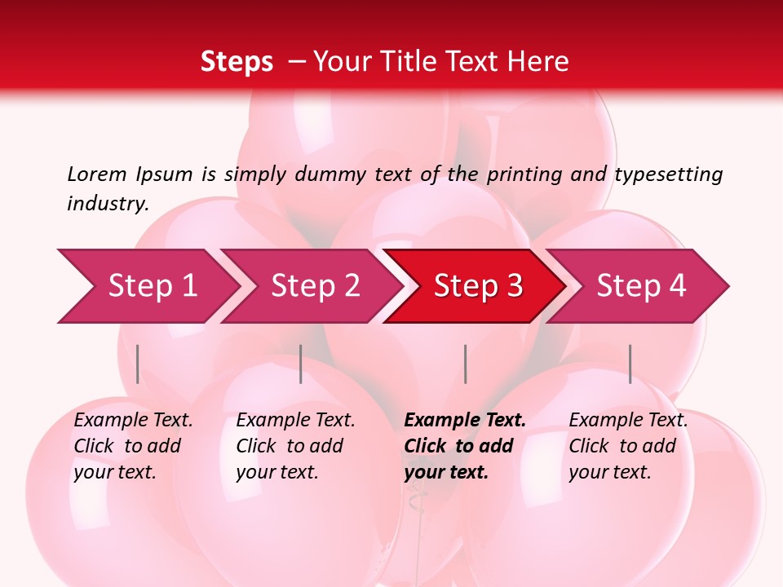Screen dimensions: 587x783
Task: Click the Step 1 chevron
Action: pyautogui.click(x=152, y=286)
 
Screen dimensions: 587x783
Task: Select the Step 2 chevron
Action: pyautogui.click(x=315, y=286)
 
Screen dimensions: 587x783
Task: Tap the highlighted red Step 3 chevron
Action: pyautogui.click(x=478, y=286)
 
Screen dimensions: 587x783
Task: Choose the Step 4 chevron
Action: pyautogui.click(x=641, y=286)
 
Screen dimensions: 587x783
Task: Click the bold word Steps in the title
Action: pyautogui.click(x=237, y=61)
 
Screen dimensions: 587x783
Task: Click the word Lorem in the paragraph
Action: pyautogui.click(x=96, y=174)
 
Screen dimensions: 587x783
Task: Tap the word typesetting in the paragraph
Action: pyautogui.click(x=668, y=174)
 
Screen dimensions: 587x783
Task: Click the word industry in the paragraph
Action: pyautogui.click(x=108, y=203)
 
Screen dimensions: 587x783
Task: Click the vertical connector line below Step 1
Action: pyautogui.click(x=138, y=364)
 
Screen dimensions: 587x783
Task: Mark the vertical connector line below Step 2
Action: pyautogui.click(x=301, y=364)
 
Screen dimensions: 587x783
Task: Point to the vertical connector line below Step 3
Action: pyautogui.click(x=466, y=364)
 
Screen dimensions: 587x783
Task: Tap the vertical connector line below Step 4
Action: pyautogui.click(x=630, y=364)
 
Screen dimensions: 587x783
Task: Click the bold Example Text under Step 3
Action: pyautogui.click(x=465, y=421)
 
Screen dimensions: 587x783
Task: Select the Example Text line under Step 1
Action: pyautogui.click(x=133, y=421)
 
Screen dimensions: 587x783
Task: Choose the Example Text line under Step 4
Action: pyautogui.click(x=628, y=421)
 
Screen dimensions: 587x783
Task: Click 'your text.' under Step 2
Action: pyautogui.click(x=276, y=472)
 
